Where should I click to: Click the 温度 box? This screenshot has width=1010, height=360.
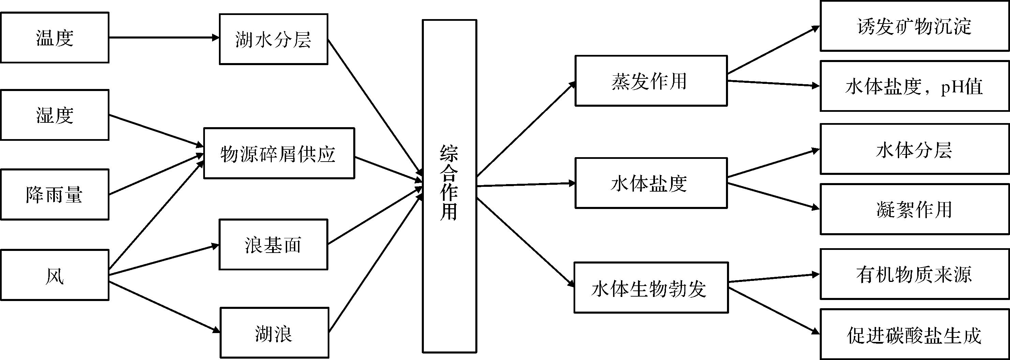coord(55,37)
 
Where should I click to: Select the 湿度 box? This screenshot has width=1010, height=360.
coord(55,115)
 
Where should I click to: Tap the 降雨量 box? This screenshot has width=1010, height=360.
coord(55,195)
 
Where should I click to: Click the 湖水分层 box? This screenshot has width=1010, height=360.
coord(273,39)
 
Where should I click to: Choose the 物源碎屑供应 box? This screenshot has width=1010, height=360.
coord(279,153)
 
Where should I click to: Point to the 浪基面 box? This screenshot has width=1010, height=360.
coord(273,244)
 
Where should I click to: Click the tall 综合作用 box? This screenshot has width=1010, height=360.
coord(449,186)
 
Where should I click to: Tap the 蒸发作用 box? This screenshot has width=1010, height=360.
coord(651,81)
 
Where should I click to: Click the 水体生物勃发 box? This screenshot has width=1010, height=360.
coord(651,287)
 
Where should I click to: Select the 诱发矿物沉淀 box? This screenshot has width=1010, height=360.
coord(914,26)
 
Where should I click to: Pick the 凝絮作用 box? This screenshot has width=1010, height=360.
coord(914,209)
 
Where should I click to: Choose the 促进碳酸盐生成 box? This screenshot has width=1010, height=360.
coord(914,334)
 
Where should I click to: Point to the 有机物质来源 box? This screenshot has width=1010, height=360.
coord(914,274)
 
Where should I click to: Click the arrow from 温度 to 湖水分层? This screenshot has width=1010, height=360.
coord(164,37)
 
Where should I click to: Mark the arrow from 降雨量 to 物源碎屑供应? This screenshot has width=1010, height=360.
coord(156,174)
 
